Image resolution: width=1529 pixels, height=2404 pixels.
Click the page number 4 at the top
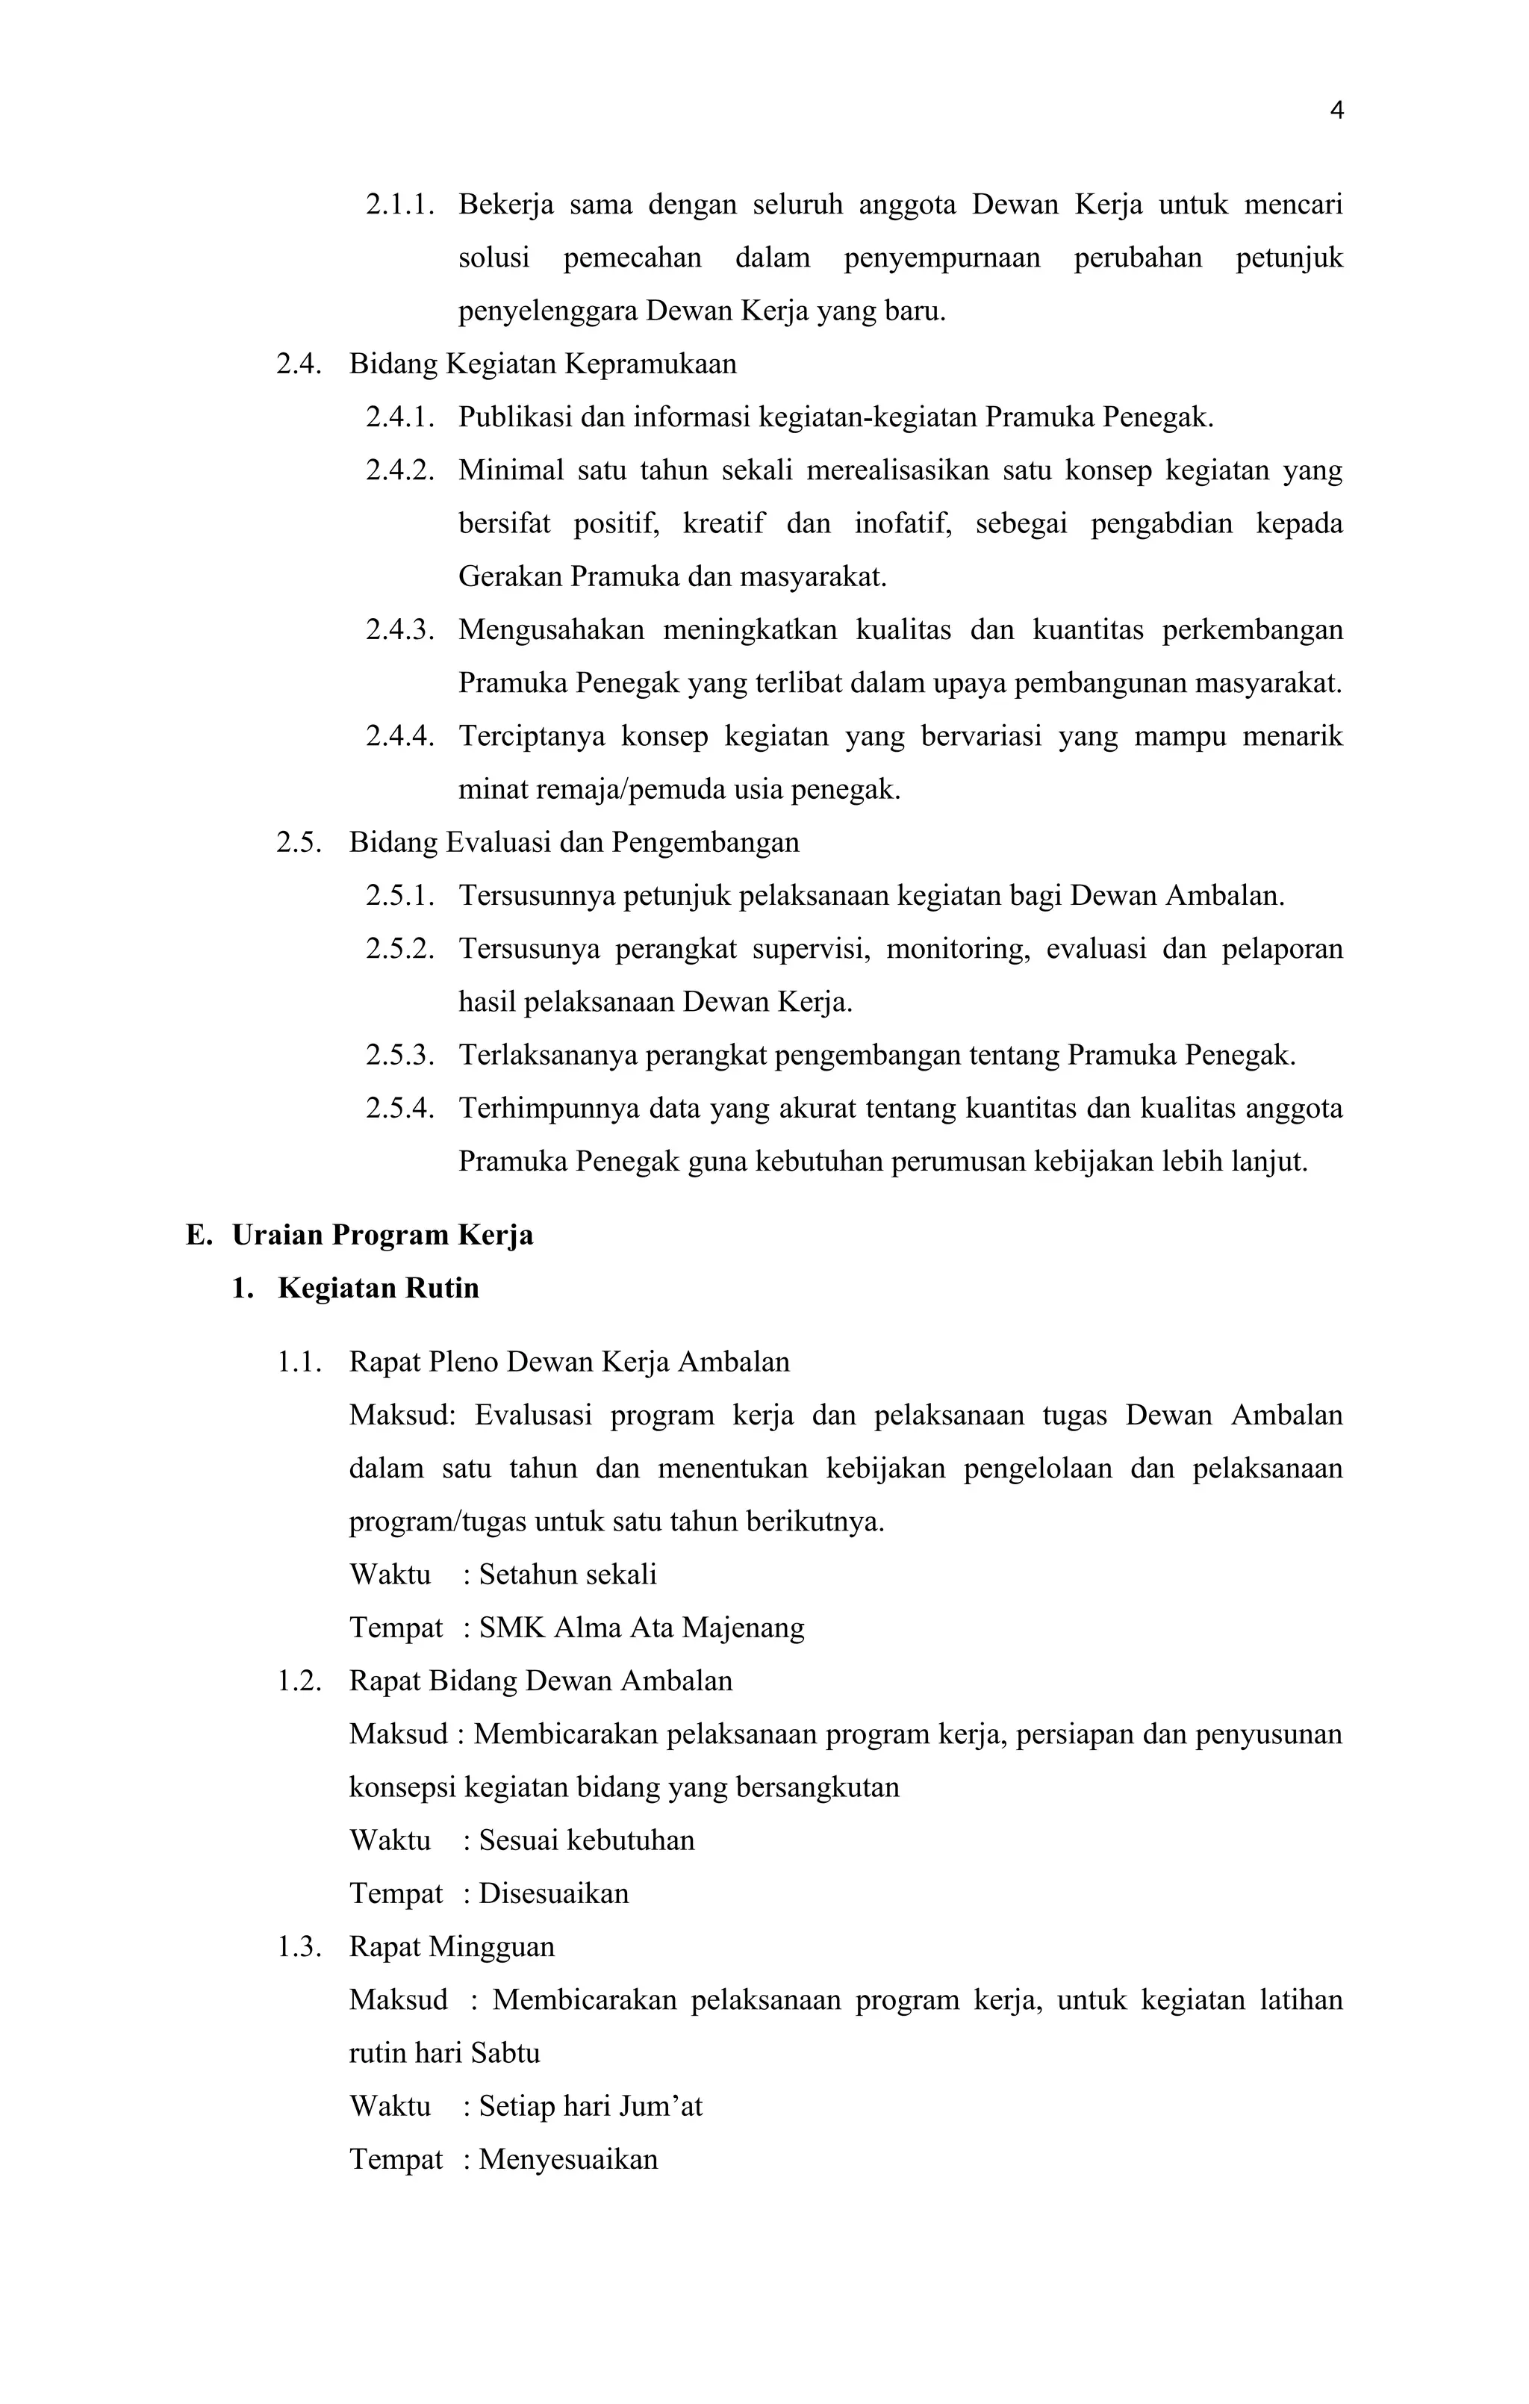pos(1336,110)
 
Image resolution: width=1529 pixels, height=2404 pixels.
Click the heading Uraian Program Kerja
pos(382,1235)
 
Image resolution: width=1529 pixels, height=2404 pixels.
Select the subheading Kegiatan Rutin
pos(379,1288)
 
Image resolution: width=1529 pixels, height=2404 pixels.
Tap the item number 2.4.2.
pos(399,470)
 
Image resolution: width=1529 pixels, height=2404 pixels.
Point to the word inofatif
pos(901,523)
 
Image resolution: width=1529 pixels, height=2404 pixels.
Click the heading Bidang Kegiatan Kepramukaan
pos(542,364)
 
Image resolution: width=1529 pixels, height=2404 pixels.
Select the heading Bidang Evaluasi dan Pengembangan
pos(574,843)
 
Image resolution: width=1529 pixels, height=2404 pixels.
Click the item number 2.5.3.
pos(399,1055)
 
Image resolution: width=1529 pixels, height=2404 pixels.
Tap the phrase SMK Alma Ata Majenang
pos(642,1628)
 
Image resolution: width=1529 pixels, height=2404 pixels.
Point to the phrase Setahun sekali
pos(568,1575)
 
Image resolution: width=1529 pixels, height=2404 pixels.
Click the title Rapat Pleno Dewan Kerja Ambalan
pos(569,1363)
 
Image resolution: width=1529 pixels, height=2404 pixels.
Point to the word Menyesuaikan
pos(568,2159)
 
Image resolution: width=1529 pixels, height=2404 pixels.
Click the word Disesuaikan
pos(554,1894)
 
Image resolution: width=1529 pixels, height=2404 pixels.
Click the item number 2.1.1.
pos(399,205)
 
